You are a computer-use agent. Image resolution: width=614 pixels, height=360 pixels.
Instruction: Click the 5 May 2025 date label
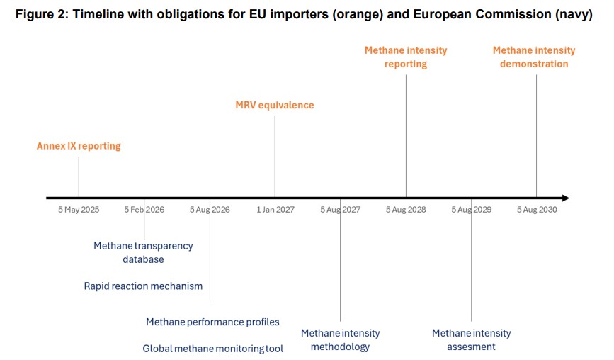[x=79, y=210]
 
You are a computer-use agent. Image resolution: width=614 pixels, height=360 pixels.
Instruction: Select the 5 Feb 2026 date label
[x=144, y=210]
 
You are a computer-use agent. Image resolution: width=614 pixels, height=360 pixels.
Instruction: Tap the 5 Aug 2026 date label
[x=210, y=210]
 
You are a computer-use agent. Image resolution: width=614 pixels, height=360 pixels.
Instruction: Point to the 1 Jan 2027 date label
[x=275, y=210]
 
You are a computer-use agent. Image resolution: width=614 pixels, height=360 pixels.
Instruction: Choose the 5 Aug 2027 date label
[x=340, y=210]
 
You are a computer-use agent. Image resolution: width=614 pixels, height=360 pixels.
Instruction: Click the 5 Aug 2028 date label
[x=406, y=210]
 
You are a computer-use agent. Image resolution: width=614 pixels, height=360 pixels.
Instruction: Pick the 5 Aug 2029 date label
[x=471, y=210]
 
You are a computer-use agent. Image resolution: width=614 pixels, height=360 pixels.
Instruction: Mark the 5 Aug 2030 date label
[x=537, y=210]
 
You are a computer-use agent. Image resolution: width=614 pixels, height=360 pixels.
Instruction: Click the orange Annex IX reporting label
[x=79, y=146]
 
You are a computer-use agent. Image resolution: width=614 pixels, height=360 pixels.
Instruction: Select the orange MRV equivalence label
[x=275, y=106]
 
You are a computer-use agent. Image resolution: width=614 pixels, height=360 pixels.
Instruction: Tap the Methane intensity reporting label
[x=406, y=57]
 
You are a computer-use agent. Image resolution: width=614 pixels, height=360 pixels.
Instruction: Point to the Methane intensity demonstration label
[x=534, y=57]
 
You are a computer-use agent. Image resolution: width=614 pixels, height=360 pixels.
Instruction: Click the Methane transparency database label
[x=143, y=252]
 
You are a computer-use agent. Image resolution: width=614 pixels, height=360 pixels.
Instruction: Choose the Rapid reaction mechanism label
[x=143, y=286]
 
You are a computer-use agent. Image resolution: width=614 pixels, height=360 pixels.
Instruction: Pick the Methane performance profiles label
[x=212, y=322]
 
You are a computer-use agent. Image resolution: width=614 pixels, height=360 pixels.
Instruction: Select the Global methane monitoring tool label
[x=212, y=349]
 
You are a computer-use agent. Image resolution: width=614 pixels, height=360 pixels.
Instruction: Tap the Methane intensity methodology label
[x=340, y=340]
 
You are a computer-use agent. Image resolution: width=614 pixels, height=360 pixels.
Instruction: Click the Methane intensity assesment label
[x=471, y=340]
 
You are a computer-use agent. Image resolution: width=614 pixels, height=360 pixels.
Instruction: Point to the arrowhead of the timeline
[x=564, y=198]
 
